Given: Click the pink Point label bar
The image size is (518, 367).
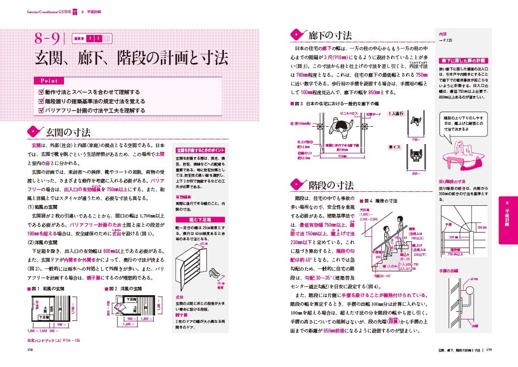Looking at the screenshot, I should tap(48, 81).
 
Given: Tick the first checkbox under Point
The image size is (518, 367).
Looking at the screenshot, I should tap(41, 91).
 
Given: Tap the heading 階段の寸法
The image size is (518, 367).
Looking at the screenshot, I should tap(330, 185).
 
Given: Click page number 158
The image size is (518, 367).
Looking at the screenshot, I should tap(30, 348).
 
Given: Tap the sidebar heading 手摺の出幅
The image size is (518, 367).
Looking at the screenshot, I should tap(450, 270).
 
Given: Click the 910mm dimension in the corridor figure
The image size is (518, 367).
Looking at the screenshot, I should tap(342, 156).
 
